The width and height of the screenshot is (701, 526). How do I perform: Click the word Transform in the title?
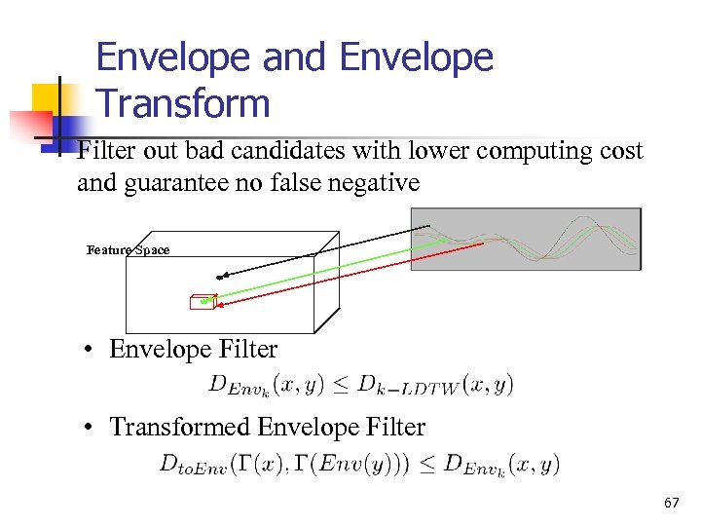(x=183, y=102)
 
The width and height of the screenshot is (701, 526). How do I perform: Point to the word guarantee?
(x=173, y=182)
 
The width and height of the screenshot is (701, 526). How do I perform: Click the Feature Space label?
(x=128, y=250)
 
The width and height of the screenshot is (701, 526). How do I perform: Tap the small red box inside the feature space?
(x=203, y=302)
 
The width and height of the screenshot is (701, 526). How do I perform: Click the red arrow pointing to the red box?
(x=350, y=275)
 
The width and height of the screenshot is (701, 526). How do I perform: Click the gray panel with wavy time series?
(x=526, y=239)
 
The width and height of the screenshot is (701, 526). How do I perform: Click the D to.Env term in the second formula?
(x=193, y=466)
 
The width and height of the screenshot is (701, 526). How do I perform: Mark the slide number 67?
(x=671, y=503)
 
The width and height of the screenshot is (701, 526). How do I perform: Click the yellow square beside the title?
(x=51, y=100)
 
